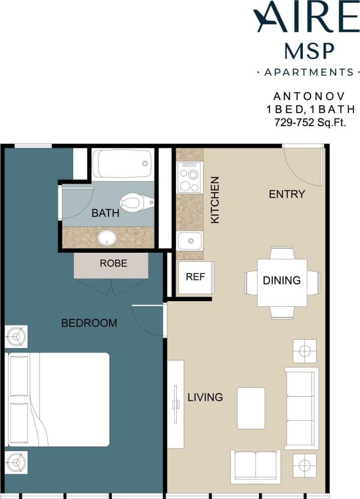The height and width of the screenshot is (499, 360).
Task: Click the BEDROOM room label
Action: point(89,323)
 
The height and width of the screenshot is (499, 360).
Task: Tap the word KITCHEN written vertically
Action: point(215,200)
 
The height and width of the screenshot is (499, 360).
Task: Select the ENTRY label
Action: point(287,194)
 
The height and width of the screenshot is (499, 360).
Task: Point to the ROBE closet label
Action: point(113,263)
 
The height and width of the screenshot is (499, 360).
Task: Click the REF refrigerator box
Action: point(196,277)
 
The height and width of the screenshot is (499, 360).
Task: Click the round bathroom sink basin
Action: point(107,237)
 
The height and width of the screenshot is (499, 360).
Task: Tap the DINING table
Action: point(282,282)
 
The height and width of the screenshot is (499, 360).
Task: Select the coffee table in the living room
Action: point(251,408)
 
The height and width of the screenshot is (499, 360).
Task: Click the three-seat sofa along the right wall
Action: point(301,408)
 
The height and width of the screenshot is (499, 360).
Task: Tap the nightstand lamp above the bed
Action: point(16,337)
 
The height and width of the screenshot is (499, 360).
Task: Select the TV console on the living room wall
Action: point(176,404)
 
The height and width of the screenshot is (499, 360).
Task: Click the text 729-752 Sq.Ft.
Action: point(310,122)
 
